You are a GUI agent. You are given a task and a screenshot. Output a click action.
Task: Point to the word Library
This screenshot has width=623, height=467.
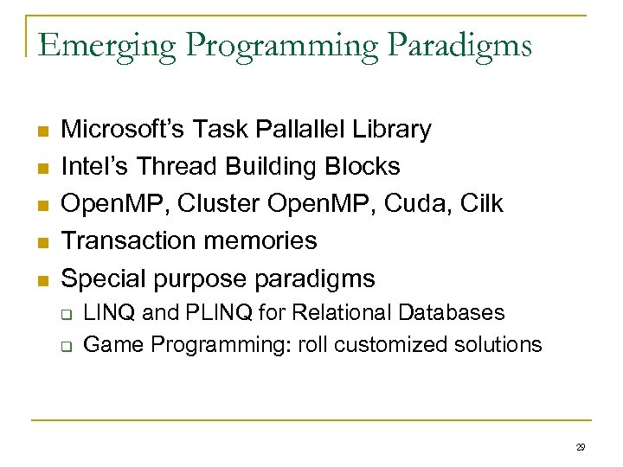[389, 130]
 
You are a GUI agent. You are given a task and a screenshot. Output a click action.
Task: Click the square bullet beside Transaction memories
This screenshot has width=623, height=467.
[42, 242]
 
